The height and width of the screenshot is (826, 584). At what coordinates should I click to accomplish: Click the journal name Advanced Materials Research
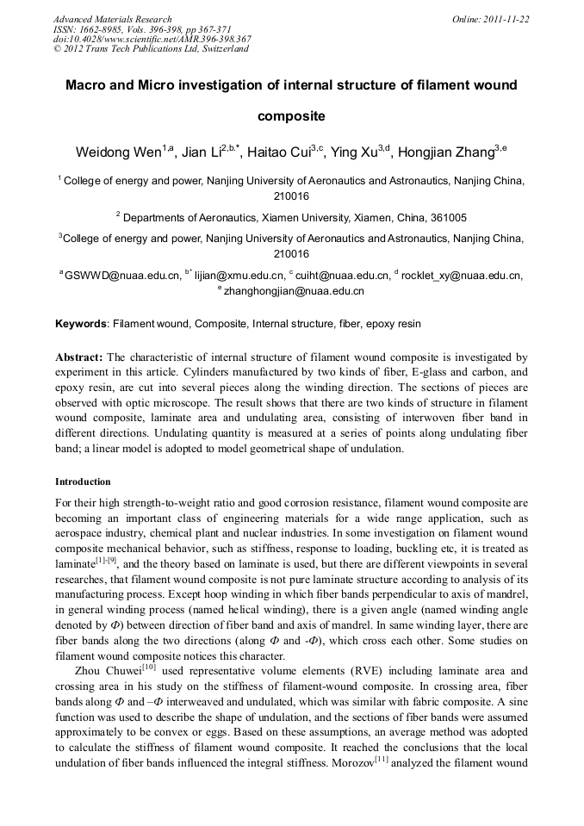point(112,19)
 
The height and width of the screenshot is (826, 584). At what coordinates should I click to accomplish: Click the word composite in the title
point(291,114)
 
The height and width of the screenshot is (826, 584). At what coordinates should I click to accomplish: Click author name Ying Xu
point(362,153)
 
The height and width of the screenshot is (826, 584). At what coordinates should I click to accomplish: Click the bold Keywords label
point(81,325)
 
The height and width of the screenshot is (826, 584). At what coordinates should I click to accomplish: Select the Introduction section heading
point(83,481)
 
